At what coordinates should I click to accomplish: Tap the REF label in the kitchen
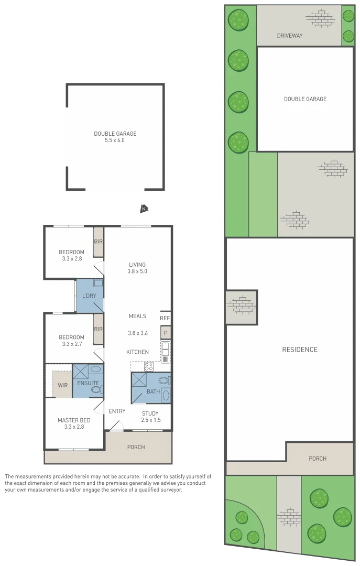(x=165, y=318)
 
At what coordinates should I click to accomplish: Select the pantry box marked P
(x=166, y=333)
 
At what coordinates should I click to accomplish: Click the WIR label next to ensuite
(x=62, y=385)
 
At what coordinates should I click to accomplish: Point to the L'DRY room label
(x=89, y=296)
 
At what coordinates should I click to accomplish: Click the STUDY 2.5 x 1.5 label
(x=150, y=417)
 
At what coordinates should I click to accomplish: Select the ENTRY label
(x=117, y=411)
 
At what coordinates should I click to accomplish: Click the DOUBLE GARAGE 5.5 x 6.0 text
(x=115, y=137)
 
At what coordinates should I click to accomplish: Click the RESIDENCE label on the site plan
(x=300, y=350)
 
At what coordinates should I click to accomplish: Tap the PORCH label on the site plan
(x=318, y=459)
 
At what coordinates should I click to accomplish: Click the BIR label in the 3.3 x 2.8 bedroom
(x=98, y=242)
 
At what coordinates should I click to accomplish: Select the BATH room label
(x=153, y=391)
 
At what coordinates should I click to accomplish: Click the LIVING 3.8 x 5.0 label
(x=137, y=268)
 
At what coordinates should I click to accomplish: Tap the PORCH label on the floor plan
(x=136, y=447)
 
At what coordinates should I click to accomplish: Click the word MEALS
(x=137, y=316)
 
